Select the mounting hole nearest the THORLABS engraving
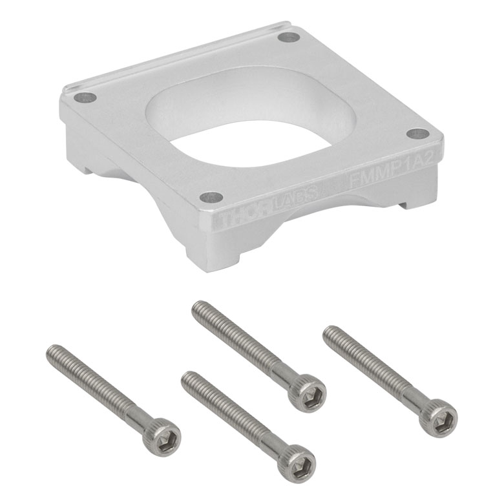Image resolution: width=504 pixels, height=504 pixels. [x=211, y=197]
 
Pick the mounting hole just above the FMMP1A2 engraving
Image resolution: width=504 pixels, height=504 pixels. [x=418, y=133]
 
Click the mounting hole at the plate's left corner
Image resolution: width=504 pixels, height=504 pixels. [x=85, y=96]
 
